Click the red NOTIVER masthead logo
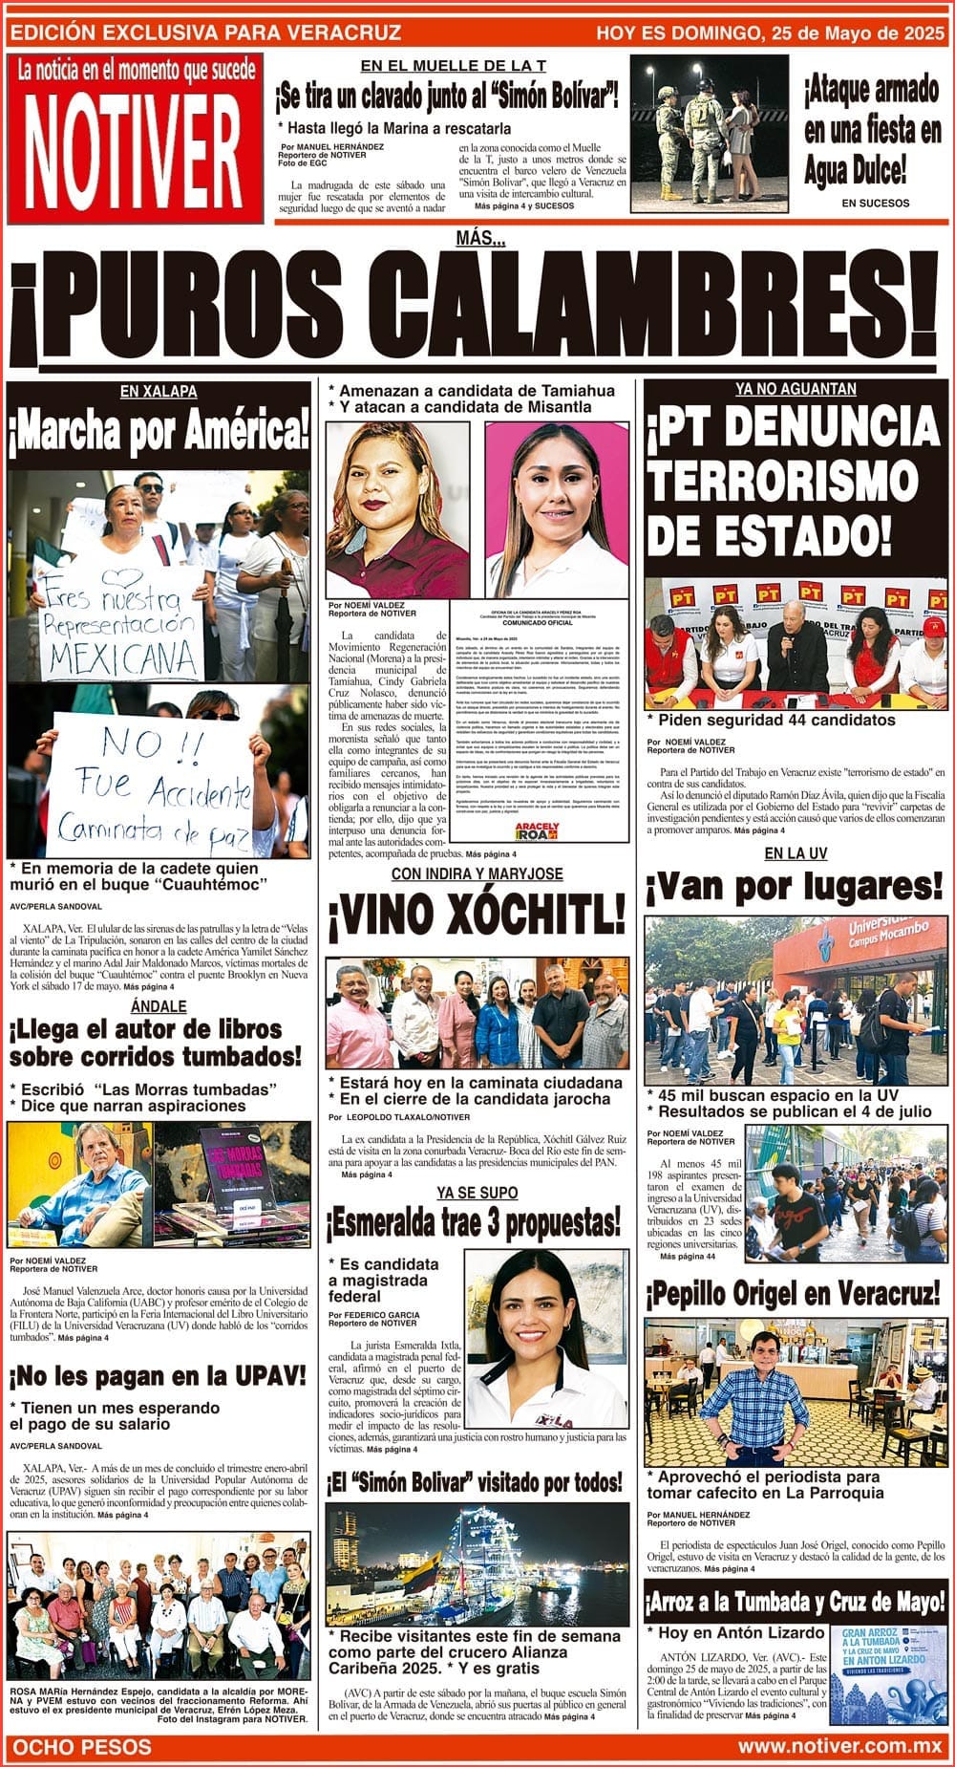coord(133,139)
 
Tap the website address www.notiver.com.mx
coord(839,1746)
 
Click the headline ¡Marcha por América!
coord(159,432)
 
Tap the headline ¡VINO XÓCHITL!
coord(477,917)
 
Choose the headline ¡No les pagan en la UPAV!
coord(159,1376)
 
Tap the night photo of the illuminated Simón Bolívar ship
coord(477,1563)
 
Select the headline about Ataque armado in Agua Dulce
coord(871,131)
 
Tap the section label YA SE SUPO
coord(477,1193)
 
